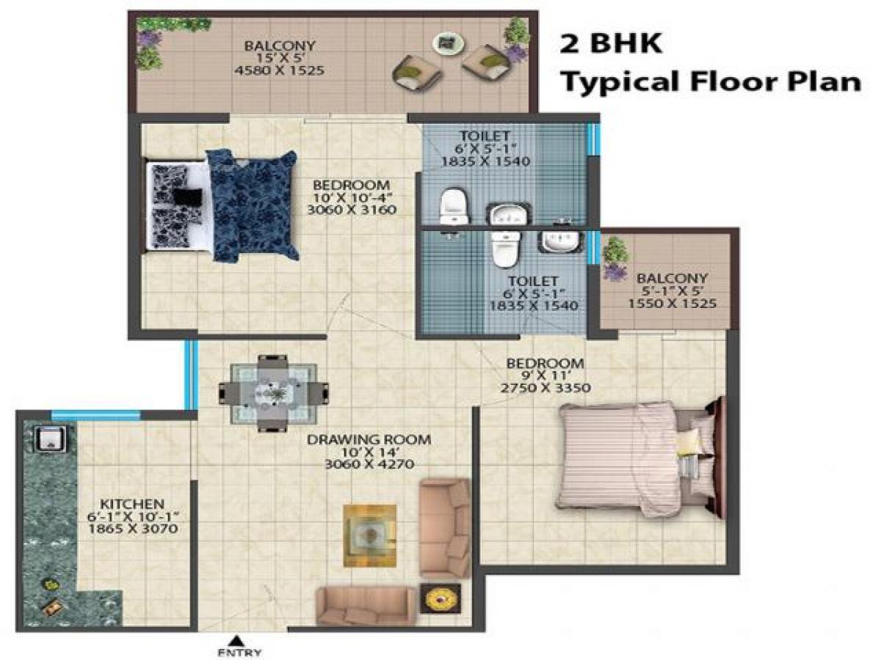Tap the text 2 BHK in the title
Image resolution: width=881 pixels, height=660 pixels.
click(611, 43)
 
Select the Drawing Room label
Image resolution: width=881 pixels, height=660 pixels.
click(369, 440)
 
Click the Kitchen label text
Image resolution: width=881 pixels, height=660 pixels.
click(131, 505)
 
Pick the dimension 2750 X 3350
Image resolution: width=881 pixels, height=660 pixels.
click(545, 388)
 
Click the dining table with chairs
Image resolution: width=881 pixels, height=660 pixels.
click(273, 392)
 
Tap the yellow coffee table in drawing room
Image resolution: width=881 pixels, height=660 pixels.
click(369, 535)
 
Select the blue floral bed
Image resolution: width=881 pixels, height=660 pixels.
click(252, 205)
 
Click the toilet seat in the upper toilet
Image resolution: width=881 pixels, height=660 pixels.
click(454, 205)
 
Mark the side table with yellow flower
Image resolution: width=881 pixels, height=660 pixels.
click(440, 598)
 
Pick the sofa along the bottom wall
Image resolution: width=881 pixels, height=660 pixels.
click(365, 606)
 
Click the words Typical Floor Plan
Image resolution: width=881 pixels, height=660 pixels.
click(711, 81)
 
